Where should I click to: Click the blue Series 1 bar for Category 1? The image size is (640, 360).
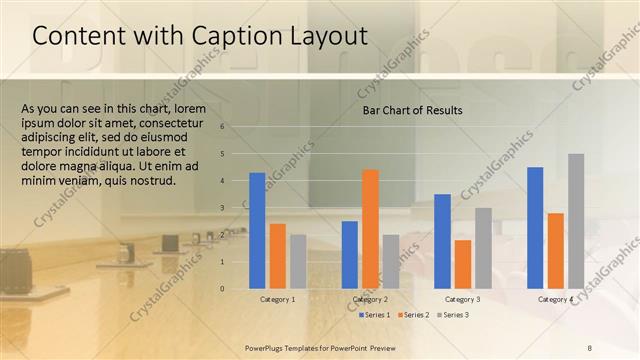coord(257,230)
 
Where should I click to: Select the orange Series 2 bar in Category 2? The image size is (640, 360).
coord(370,228)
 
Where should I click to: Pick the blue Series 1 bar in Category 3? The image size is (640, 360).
coord(442,240)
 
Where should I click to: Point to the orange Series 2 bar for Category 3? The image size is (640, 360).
coord(462,263)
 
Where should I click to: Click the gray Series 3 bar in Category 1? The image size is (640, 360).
coord(298,261)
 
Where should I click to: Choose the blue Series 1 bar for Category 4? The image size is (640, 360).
coord(535,227)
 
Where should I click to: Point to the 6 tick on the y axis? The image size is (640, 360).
coord(236,127)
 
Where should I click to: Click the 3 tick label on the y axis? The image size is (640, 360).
coord(236,208)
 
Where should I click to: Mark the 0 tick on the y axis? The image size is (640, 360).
coord(236,289)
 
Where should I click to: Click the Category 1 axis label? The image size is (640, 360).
coord(278,299)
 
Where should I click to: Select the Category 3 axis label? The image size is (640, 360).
coord(462,299)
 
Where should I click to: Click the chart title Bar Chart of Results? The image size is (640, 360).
coord(413,110)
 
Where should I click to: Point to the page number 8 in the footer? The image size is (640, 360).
coord(590,346)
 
